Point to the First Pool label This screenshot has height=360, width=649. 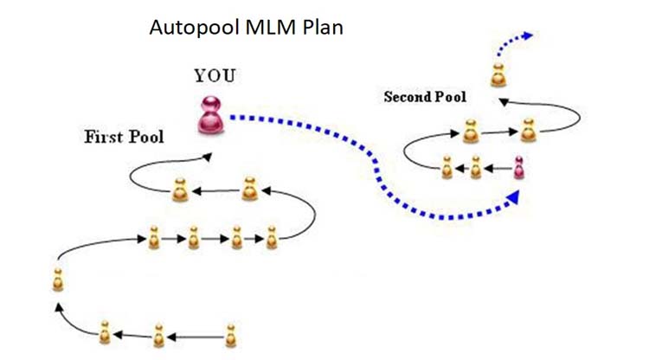(x=124, y=137)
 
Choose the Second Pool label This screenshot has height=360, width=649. (x=425, y=97)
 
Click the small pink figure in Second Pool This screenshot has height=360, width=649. (x=518, y=166)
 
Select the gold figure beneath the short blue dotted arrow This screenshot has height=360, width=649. (x=498, y=75)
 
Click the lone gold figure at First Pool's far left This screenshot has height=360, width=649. (x=57, y=280)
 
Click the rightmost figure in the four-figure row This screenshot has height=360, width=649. (x=272, y=235)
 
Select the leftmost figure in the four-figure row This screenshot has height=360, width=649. (x=153, y=235)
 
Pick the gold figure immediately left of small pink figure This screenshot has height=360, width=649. (x=475, y=166)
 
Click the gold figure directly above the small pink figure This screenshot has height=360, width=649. (x=525, y=132)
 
